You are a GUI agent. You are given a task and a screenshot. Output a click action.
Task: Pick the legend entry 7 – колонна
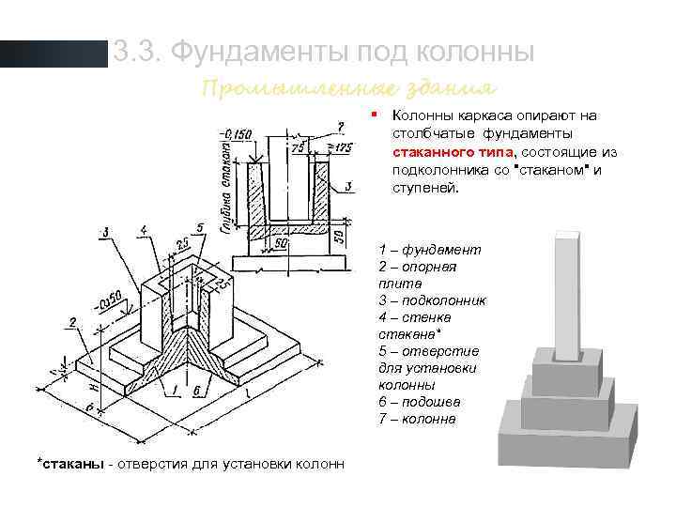point(418,418)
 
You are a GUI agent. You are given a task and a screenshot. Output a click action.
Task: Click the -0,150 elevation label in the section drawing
point(235,133)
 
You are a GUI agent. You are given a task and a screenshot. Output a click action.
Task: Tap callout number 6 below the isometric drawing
point(196,392)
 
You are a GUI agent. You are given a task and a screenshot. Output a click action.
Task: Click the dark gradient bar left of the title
point(54,53)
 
